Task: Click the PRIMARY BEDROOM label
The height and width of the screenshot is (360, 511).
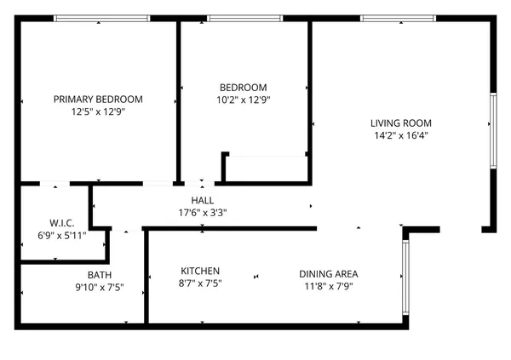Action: [x=98, y=100]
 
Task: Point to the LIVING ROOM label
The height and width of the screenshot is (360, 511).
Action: [x=400, y=123]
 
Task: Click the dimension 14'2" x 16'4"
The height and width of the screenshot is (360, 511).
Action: [x=400, y=135]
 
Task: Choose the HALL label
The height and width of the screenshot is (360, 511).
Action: [x=202, y=201]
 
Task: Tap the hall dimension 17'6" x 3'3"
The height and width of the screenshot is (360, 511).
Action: [x=202, y=213]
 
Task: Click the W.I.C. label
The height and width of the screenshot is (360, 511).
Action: [x=50, y=223]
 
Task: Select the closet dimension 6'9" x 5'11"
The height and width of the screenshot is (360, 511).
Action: [x=50, y=236]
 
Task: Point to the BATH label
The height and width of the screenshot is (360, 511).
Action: [x=99, y=275]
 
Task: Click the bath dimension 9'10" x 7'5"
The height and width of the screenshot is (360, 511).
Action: [x=99, y=288]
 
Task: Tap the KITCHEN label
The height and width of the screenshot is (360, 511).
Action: [x=200, y=273]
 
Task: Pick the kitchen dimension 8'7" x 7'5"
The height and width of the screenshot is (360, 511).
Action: [x=200, y=286]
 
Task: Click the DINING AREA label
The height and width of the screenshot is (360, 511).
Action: [x=328, y=274]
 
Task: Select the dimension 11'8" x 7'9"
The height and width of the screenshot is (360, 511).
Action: [x=328, y=287]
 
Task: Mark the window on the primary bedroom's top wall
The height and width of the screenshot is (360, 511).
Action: [x=102, y=18]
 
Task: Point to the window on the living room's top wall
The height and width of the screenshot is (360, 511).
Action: [x=398, y=18]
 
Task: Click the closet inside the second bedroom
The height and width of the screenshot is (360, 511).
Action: [x=267, y=169]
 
